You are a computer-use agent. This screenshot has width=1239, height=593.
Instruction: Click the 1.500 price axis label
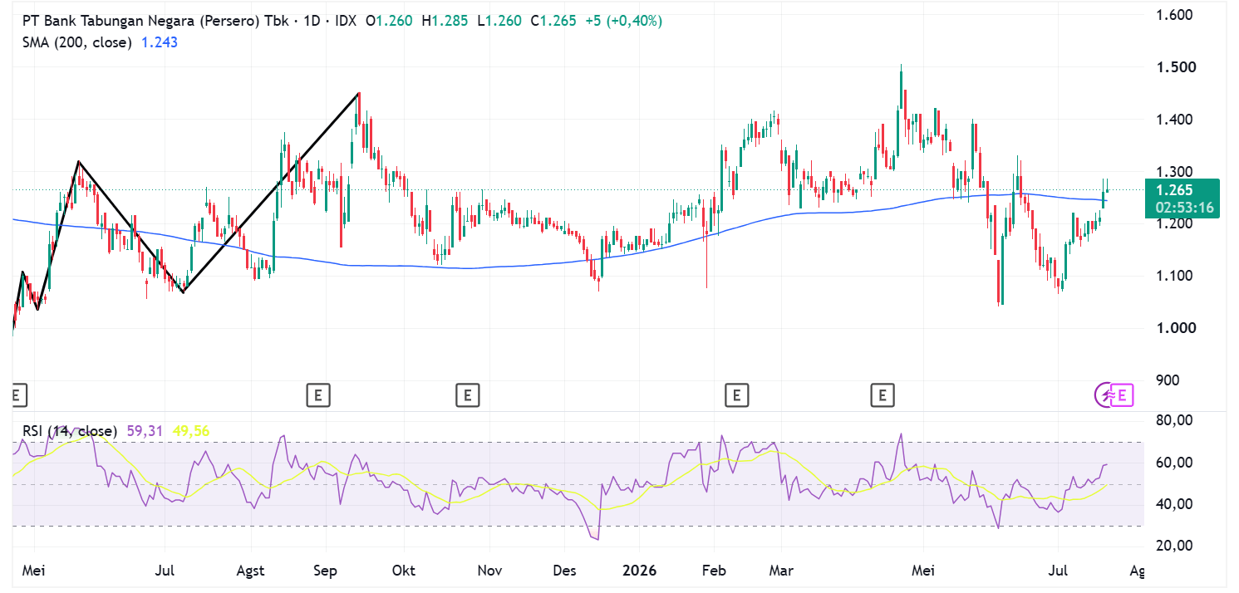1176,67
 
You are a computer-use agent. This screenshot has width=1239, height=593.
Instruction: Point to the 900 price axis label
1168,380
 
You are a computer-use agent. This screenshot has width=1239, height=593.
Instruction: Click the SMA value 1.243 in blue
160,42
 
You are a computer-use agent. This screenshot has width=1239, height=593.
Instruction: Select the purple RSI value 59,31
145,431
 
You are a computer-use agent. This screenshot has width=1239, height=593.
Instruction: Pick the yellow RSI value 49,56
191,431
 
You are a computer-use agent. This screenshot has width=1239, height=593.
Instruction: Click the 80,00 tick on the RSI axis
1174,420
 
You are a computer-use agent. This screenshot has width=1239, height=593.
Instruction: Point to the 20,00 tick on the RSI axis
1174,546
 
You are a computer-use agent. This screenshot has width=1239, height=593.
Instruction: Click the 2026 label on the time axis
639,571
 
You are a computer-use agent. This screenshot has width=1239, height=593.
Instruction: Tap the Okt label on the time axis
404,571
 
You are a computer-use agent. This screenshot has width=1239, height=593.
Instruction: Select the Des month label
564,571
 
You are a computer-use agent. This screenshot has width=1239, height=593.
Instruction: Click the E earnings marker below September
318,395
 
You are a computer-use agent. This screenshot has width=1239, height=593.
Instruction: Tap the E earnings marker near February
737,395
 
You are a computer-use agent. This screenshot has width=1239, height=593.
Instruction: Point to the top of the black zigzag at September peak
359,93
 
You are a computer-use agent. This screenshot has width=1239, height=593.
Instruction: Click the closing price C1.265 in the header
553,21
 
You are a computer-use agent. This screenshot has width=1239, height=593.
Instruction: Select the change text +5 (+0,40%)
624,21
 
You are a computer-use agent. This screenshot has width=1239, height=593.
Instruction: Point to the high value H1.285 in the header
445,21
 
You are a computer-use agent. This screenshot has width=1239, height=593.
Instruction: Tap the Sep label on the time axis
325,571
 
